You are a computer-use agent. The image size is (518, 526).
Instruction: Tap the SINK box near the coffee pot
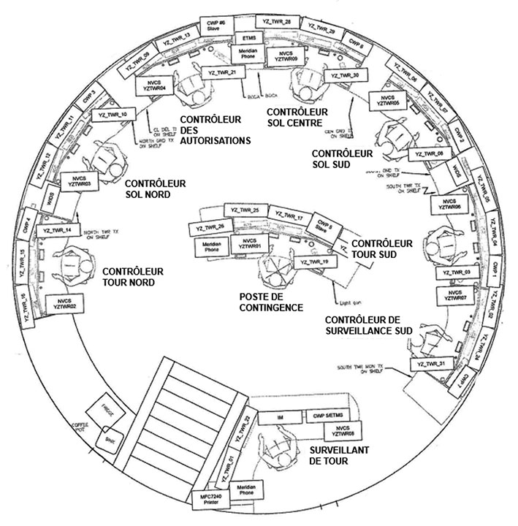point(111,440)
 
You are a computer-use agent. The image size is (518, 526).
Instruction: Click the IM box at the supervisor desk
point(280,416)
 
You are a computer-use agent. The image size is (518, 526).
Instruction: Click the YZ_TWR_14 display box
point(58,230)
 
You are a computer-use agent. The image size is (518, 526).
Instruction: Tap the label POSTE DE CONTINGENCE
point(271,302)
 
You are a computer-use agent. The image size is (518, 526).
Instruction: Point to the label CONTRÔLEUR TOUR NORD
point(133,277)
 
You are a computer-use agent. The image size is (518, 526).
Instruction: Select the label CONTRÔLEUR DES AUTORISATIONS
point(215,129)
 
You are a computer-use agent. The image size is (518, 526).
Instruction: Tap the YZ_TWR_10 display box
point(113,115)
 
